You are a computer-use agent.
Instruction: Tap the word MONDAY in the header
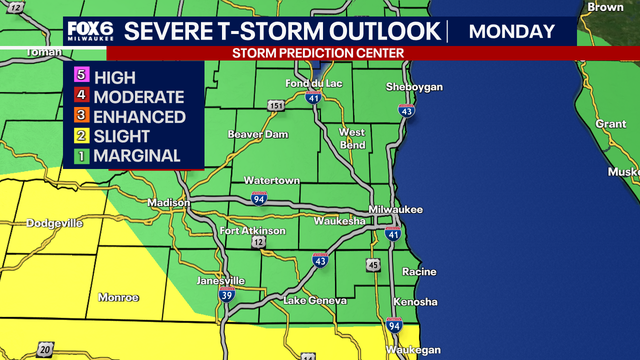(511, 31)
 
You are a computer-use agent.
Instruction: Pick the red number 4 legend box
(80, 97)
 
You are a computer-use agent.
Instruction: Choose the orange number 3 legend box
(80, 117)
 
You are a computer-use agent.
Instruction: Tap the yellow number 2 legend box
(80, 137)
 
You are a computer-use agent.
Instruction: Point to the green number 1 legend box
(80, 156)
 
